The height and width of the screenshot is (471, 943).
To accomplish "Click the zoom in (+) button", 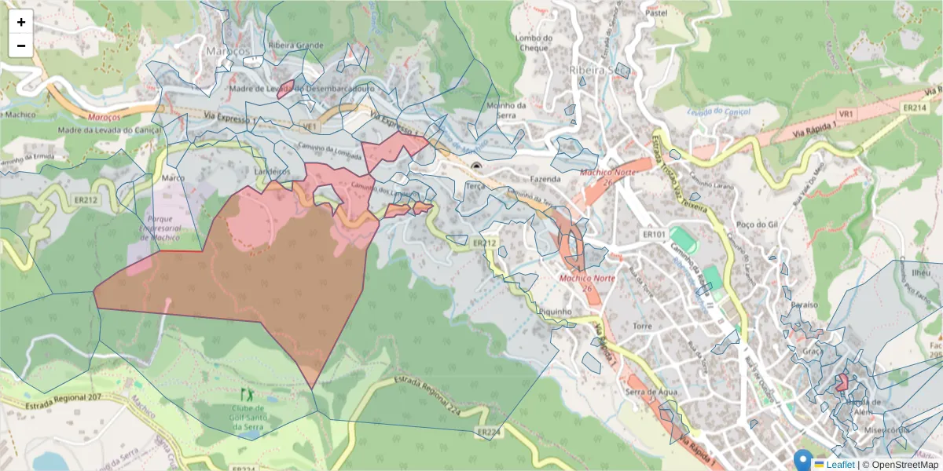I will tap(21, 22).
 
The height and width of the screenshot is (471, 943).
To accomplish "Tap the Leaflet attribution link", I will tap(840, 464).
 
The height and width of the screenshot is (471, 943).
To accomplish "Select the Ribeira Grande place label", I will tap(295, 46).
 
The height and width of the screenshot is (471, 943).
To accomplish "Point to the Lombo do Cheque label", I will tap(531, 42).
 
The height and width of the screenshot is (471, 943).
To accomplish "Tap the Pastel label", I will tap(655, 13).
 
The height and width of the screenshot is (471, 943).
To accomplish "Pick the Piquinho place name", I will tap(555, 311).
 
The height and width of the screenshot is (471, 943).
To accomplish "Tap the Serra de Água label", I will tap(651, 392).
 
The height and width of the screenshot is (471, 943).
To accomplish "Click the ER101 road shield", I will tap(654, 234).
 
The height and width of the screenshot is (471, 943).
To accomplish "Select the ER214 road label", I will tap(914, 108).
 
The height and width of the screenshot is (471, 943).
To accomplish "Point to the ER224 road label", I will tap(488, 432).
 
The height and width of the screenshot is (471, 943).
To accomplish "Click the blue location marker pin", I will tap(802, 459).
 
